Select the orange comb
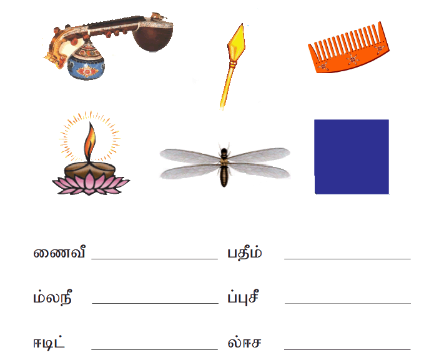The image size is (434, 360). [348, 49]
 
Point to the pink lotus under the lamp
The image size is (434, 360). [90, 182]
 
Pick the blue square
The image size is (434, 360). [352, 157]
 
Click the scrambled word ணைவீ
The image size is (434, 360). [59, 252]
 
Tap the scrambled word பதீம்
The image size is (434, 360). [244, 252]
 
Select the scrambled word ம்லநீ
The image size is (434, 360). [52, 297]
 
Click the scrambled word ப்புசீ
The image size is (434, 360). [244, 297]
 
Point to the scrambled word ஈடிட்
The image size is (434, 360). [49, 342]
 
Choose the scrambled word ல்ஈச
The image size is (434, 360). [244, 342]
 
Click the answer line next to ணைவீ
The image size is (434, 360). [154, 259]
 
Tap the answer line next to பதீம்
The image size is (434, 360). [347, 259]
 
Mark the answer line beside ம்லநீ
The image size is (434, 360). [155, 303]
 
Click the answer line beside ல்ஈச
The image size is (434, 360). [347, 349]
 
